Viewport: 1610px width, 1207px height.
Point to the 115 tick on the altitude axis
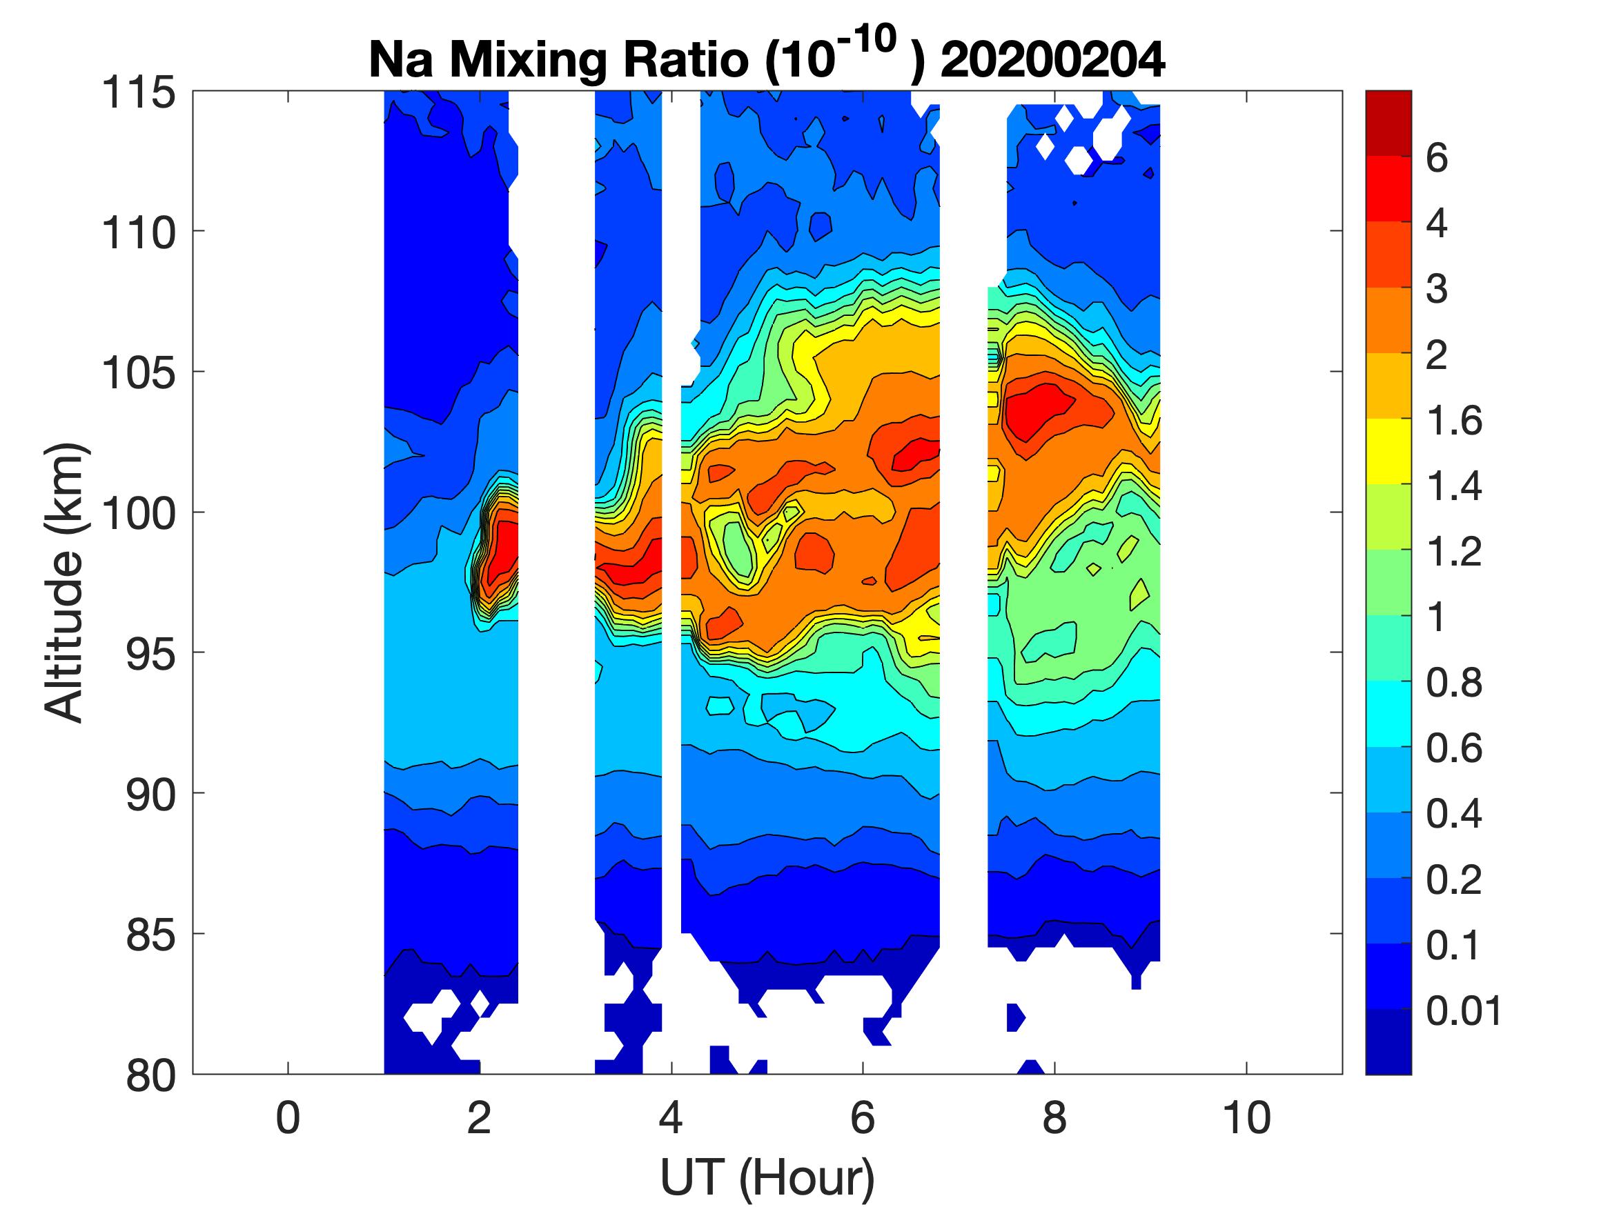coord(138,93)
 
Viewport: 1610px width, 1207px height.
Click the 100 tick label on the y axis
coord(138,514)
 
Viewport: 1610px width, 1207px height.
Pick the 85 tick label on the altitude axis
coord(150,935)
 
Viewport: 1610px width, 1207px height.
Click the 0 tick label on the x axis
coord(288,1118)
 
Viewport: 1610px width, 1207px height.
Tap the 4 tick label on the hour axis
coord(671,1118)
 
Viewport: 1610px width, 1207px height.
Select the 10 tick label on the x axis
coord(1247,1118)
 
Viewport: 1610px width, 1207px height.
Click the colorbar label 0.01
coord(1463,1011)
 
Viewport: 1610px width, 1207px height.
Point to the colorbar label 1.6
coord(1453,421)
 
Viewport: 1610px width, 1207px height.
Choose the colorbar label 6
coord(1436,158)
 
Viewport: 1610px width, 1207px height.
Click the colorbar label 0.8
coord(1453,684)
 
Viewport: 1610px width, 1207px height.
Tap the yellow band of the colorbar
coord(1388,451)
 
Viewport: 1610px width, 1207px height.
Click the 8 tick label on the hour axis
coord(1054,1118)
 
